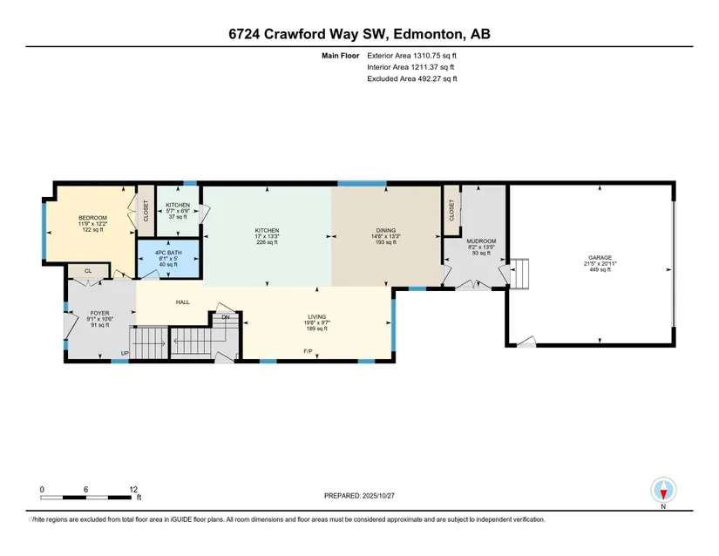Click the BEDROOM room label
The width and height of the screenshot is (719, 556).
[92, 218]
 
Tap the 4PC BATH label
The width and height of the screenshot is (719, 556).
[168, 253]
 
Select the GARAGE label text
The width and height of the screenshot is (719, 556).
[600, 258]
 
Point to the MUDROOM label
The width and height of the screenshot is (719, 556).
[481, 241]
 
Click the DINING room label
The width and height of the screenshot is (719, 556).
[385, 231]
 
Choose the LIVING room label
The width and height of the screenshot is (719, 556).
[317, 316]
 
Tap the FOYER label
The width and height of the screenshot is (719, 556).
[99, 314]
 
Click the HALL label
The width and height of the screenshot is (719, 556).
[182, 302]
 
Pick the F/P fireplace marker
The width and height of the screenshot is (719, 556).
[309, 351]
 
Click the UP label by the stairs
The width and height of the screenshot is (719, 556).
[125, 353]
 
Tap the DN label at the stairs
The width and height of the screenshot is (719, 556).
[226, 317]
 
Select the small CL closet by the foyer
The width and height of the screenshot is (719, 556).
[88, 271]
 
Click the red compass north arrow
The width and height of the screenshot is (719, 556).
[663, 494]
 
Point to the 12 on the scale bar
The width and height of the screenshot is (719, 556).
[133, 490]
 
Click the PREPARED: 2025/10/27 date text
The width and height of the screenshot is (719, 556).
[359, 496]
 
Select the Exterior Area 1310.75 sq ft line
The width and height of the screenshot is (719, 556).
[411, 56]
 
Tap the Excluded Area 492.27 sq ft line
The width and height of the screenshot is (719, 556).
[412, 78]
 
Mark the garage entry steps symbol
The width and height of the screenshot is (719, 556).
[519, 274]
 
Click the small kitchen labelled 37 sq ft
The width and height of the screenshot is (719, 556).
[178, 211]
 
